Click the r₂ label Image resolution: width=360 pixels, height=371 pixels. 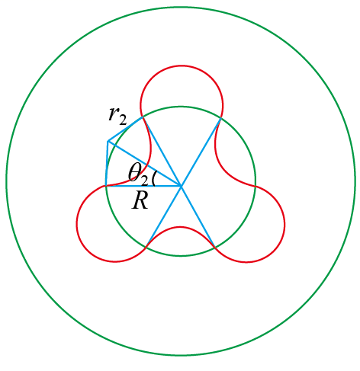[117, 116]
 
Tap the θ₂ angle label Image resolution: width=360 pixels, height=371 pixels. [138, 174]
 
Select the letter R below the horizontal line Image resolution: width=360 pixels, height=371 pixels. [140, 200]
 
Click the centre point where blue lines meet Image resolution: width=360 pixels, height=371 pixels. [181, 186]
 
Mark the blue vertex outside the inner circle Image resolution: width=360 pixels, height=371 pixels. [108, 141]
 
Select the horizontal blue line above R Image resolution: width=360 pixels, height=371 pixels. [143, 186]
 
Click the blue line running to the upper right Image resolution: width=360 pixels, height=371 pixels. [201, 152]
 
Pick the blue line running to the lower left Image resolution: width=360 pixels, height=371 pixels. [163, 216]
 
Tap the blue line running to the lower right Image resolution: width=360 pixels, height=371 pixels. [198, 216]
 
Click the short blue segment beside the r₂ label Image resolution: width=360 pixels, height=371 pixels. [125, 129]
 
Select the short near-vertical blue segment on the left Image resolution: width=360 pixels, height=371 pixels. [107, 164]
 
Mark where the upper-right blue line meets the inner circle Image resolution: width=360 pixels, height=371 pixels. [220, 118]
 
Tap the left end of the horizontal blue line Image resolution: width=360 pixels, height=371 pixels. [106, 186]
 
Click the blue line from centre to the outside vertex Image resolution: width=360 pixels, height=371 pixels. [144, 164]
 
